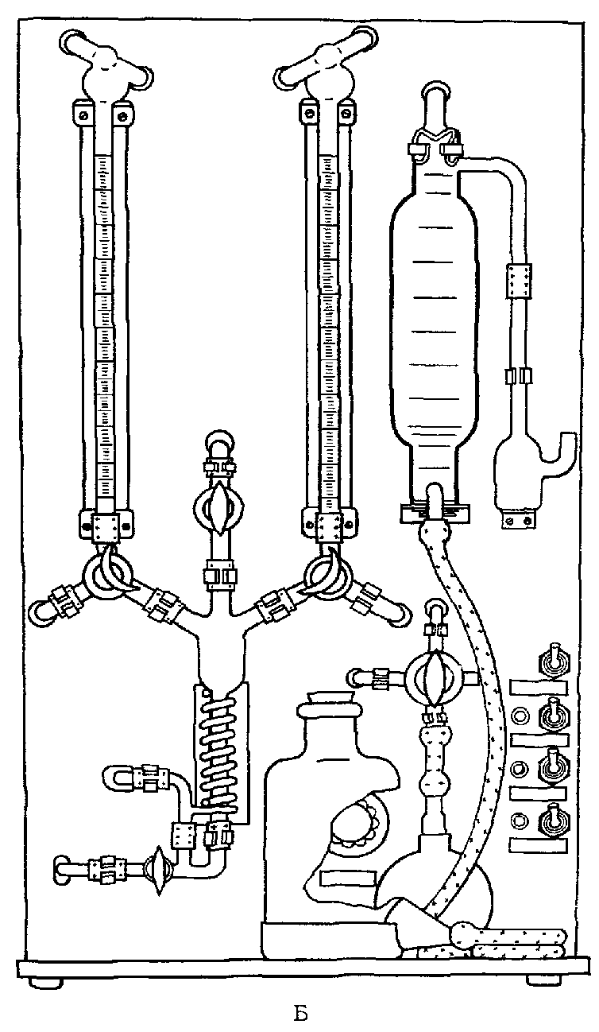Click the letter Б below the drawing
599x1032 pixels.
(299, 1013)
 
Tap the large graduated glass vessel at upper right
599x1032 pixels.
(434, 318)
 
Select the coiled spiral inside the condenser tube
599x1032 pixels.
(218, 755)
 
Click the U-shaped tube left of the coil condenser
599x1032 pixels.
(127, 775)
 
